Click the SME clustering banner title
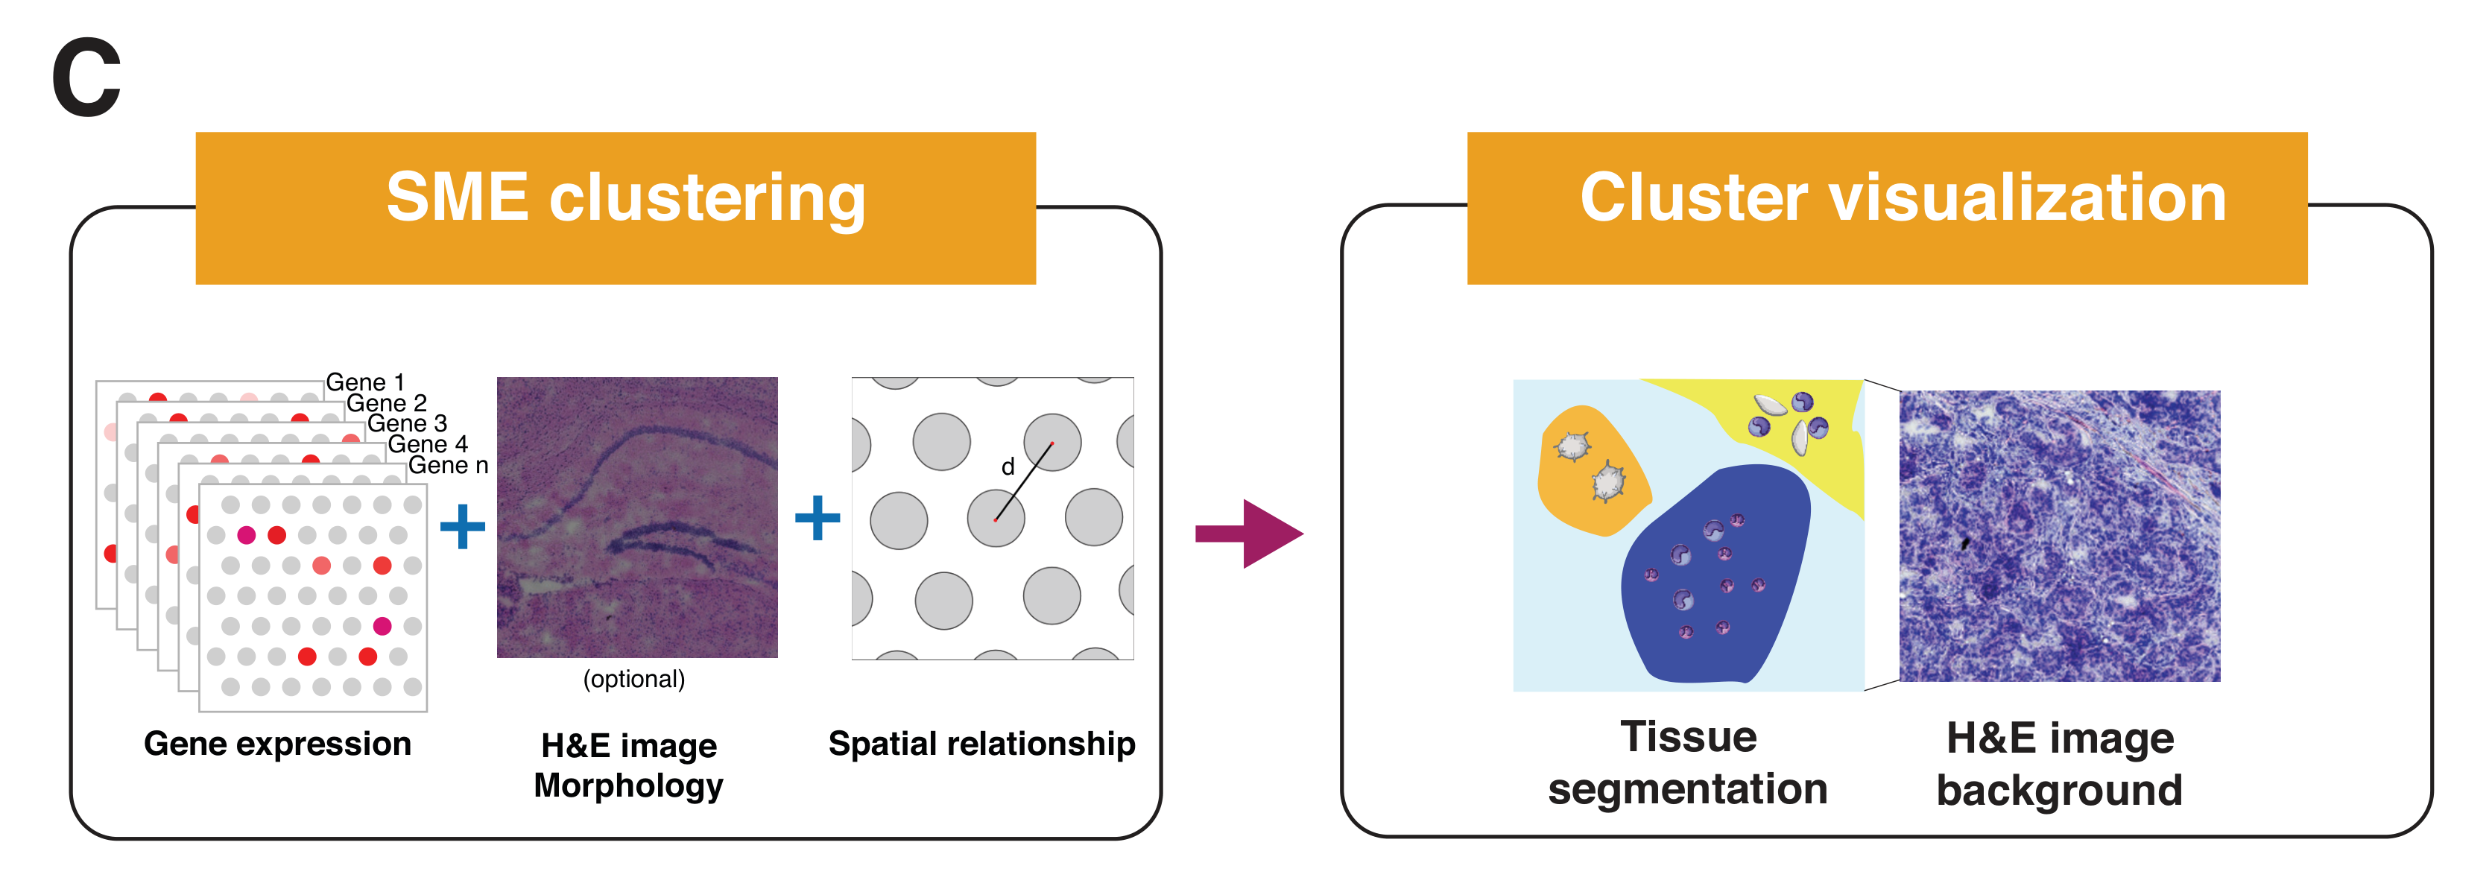(625, 198)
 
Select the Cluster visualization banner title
(1902, 198)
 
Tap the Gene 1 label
(364, 382)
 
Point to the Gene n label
(448, 466)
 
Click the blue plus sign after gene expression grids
(463, 526)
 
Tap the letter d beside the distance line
(1007, 468)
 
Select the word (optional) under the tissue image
(633, 679)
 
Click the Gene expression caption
(278, 744)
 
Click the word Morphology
(629, 785)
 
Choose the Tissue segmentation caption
(1688, 763)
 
